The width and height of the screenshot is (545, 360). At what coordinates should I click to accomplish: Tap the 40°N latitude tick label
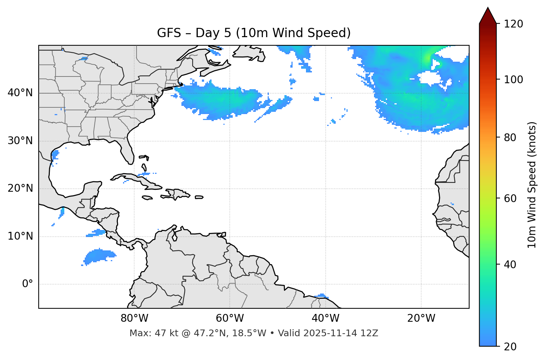click(x=20, y=93)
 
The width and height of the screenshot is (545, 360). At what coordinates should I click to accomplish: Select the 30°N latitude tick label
click(x=20, y=141)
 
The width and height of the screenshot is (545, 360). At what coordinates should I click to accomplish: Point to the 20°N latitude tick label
click(x=20, y=188)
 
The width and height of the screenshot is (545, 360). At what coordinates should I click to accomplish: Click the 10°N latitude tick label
click(x=20, y=236)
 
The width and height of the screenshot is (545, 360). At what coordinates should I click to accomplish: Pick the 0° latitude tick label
click(x=28, y=284)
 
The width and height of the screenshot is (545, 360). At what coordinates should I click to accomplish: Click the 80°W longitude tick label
click(x=134, y=318)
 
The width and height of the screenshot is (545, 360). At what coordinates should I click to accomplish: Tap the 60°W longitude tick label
click(x=230, y=318)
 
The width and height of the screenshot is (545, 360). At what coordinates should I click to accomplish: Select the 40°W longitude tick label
click(x=325, y=318)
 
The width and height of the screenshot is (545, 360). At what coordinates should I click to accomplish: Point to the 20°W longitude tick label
click(x=421, y=318)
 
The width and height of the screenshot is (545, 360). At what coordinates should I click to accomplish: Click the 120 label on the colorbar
click(x=513, y=24)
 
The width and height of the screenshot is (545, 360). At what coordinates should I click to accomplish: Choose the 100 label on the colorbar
click(x=513, y=80)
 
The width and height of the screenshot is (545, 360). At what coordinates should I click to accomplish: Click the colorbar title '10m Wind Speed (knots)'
click(x=532, y=185)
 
